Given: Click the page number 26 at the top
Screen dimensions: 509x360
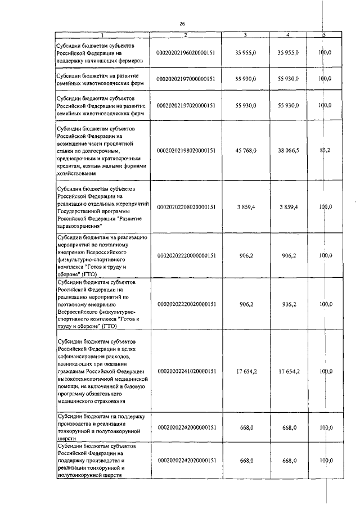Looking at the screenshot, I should click(x=182, y=24).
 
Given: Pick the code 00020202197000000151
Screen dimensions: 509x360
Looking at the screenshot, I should click(x=186, y=79).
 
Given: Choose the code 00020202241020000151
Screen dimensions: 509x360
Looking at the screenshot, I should click(x=186, y=371).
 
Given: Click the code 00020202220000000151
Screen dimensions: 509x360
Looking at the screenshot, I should click(x=186, y=255).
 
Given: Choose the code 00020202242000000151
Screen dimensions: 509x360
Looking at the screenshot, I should click(x=186, y=427).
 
